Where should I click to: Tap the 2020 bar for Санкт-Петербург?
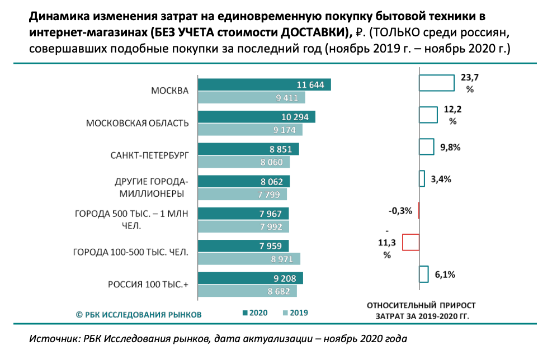tap(249, 149)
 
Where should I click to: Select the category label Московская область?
tap(137, 123)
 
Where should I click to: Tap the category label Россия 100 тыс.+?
tap(148, 285)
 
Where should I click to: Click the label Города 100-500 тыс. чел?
tap(131, 253)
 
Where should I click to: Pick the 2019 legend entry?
tap(295, 313)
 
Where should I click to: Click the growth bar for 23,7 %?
tap(436, 83)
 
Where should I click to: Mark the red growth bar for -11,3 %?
tap(411, 242)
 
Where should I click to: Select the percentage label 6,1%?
tap(446, 274)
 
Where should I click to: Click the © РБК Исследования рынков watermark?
tap(139, 314)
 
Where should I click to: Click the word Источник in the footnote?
tap(52, 339)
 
